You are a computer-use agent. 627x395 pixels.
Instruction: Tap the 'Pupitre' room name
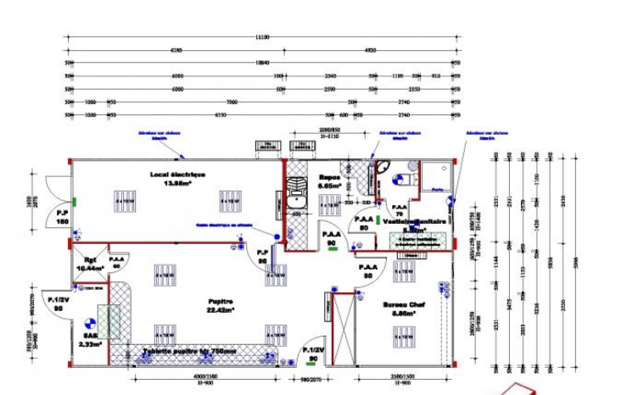click(x=221, y=300)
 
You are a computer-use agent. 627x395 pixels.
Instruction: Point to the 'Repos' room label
click(x=329, y=177)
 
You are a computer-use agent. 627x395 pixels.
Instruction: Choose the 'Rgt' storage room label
click(x=89, y=259)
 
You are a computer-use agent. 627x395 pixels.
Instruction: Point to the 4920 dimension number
click(x=370, y=51)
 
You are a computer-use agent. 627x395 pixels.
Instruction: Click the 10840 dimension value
click(x=263, y=64)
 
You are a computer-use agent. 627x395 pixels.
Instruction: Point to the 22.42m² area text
click(x=221, y=309)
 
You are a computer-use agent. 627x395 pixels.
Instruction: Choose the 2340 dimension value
click(x=331, y=76)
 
